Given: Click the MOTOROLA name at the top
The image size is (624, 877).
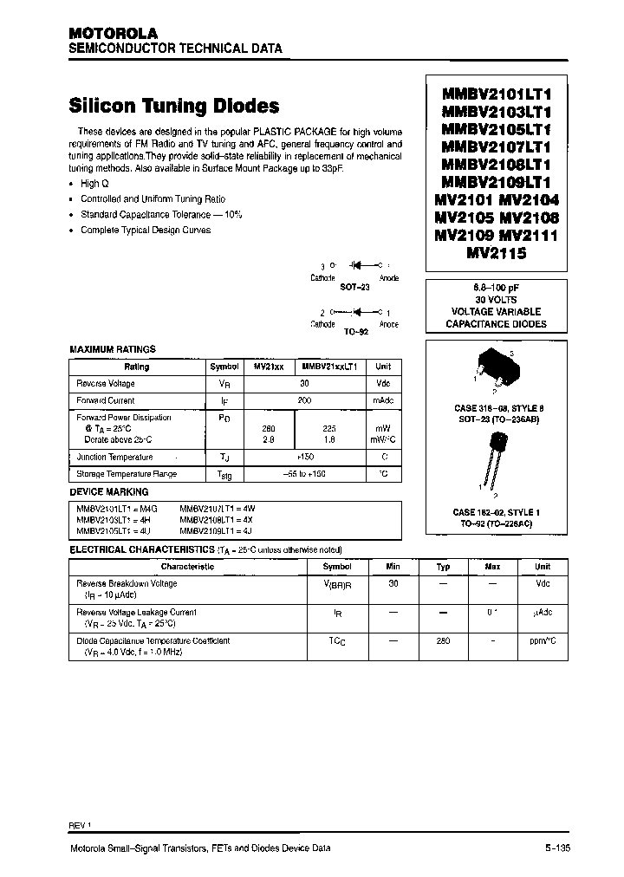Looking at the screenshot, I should pyautogui.click(x=108, y=33).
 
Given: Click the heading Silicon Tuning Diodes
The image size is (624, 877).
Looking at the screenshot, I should pyautogui.click(x=173, y=106).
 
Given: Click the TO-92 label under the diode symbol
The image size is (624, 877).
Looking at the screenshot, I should pyautogui.click(x=355, y=331).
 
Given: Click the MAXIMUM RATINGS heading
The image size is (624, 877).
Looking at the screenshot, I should pyautogui.click(x=113, y=349).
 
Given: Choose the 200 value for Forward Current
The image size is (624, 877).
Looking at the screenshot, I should pyautogui.click(x=304, y=400).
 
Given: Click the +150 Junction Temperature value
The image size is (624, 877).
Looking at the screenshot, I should pyautogui.click(x=304, y=457).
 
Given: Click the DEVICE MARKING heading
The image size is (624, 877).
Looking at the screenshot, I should pyautogui.click(x=108, y=491).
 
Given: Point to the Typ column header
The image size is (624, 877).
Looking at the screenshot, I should pyautogui.click(x=443, y=567).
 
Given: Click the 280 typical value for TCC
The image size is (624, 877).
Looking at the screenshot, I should pyautogui.click(x=443, y=641).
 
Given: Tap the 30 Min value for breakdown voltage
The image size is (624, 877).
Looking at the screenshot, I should pyautogui.click(x=393, y=583).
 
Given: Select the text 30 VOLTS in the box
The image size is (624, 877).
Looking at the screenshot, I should pyautogui.click(x=497, y=298).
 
